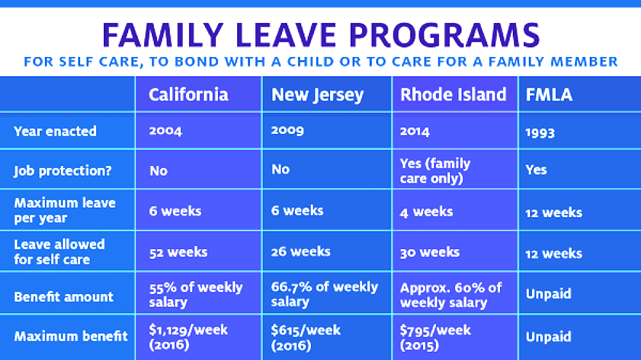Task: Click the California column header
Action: coord(188,95)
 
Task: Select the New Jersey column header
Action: coord(317,95)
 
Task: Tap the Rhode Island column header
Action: coord(453,95)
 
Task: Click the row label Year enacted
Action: coord(55,131)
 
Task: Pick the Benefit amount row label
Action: coord(63,297)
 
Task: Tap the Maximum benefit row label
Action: coord(71,336)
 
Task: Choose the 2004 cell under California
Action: coord(165,131)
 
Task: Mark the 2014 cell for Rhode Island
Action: coord(415,131)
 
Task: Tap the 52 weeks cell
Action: coord(178,252)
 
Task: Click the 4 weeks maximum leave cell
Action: coord(426,211)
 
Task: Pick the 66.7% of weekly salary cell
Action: coord(324,294)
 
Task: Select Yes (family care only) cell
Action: coord(435,171)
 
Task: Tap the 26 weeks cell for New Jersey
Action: coord(301,251)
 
